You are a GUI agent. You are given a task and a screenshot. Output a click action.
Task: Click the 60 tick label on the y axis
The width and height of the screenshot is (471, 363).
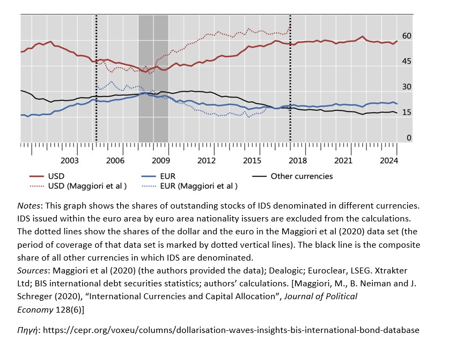point(407,36)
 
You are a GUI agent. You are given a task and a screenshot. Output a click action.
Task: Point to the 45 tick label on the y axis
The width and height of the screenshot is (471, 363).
point(407,62)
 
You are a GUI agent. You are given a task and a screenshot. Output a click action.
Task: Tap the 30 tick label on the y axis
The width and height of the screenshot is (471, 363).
point(407,87)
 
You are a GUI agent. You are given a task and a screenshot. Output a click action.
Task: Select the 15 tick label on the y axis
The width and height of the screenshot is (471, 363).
point(407,112)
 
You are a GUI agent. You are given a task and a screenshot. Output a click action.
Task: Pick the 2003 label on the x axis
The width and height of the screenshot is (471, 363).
point(70,160)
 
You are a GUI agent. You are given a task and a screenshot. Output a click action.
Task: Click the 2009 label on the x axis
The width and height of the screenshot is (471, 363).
point(161,160)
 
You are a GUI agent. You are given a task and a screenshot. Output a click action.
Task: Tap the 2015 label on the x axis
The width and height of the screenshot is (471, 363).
point(252,160)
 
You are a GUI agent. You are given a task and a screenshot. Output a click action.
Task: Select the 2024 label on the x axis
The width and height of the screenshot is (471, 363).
point(389,160)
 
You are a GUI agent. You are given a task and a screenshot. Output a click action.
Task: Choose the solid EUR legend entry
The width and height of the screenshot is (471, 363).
point(167,176)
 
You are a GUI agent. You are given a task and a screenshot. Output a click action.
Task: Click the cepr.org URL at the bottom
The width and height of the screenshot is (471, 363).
point(231,330)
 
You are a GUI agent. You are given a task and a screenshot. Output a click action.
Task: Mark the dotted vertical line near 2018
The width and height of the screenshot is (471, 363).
point(290,80)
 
